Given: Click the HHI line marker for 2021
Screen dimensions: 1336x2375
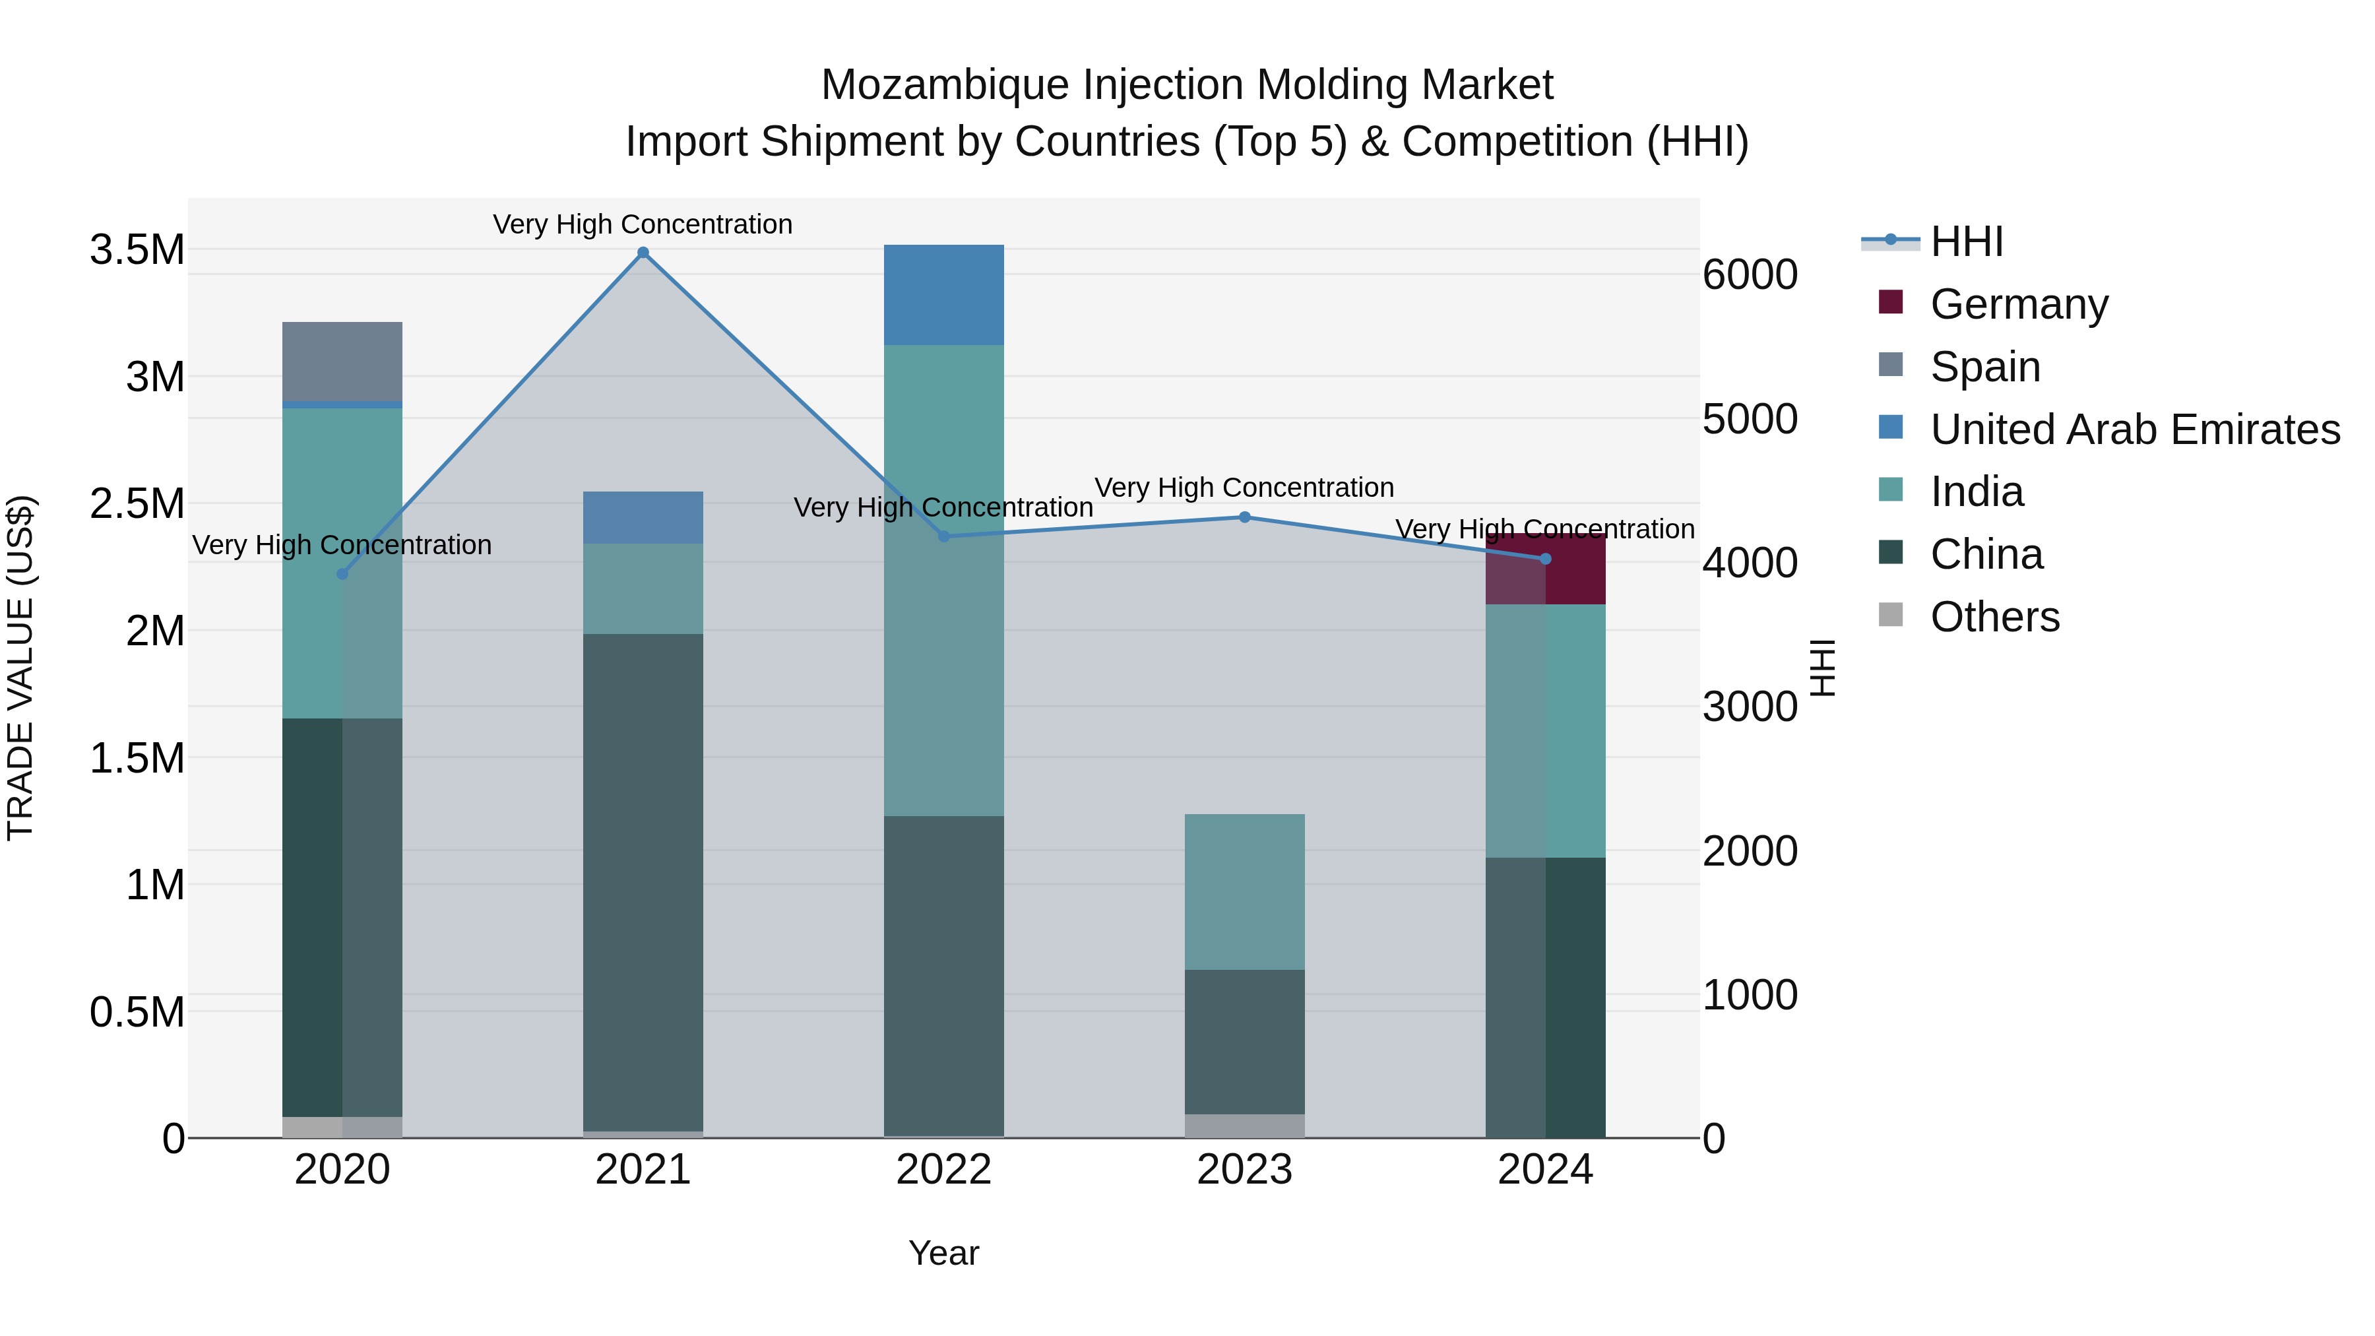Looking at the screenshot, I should [643, 253].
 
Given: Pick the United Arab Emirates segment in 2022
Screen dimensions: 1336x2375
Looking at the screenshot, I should [943, 295].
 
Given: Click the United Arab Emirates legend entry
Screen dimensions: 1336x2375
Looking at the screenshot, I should [2134, 429].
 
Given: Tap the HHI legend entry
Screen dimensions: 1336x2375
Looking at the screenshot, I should [1966, 241].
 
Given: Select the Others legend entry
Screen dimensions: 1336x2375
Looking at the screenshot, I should [1994, 617].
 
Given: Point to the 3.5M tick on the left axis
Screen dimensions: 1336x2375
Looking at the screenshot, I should [137, 250].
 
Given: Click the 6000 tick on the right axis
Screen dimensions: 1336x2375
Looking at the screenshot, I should [1749, 274].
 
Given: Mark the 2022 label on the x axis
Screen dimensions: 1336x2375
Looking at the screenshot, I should [943, 1170].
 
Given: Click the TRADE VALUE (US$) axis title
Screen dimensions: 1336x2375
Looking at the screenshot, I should [20, 668].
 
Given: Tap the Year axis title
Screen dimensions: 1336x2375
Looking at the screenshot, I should [943, 1253].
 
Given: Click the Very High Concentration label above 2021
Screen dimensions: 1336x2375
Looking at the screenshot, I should [643, 224].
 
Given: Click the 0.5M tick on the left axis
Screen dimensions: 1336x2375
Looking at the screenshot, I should [137, 1012].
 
